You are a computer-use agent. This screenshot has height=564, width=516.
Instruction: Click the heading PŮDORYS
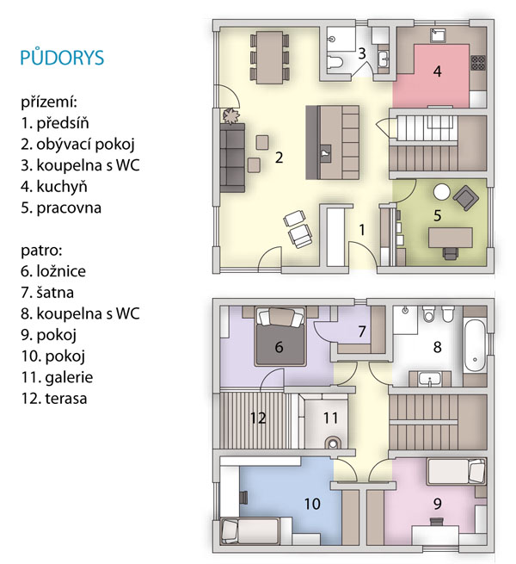coord(62,57)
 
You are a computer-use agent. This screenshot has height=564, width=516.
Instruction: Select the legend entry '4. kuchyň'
coord(54,186)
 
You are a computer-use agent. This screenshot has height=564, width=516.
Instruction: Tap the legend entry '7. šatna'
coord(47,293)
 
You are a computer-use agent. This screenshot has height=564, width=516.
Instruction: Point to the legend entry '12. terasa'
coord(54,399)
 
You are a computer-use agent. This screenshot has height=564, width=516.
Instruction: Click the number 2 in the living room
coord(279,158)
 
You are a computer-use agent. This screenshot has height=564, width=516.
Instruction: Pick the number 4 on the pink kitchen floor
coord(437,71)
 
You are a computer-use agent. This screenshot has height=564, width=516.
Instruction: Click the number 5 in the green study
coord(437,215)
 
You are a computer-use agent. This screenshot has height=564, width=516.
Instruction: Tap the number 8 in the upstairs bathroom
coord(437,347)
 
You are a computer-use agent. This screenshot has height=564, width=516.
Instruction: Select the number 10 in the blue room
coord(312,504)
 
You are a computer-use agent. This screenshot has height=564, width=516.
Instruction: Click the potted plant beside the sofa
coord(230,116)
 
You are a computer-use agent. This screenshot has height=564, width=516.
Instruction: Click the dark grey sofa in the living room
coord(232,158)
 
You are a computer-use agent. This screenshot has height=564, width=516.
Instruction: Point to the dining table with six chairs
coord(269,58)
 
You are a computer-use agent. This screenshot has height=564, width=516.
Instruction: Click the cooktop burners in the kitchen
coord(478,62)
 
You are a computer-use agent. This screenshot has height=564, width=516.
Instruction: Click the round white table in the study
coord(442,192)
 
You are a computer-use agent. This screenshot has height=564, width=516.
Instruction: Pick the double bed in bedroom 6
coord(279,337)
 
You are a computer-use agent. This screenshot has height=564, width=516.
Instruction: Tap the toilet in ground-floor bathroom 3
coord(335,62)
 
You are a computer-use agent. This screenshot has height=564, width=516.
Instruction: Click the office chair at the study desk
coord(451,253)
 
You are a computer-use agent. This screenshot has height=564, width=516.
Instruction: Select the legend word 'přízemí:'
coord(49,102)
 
